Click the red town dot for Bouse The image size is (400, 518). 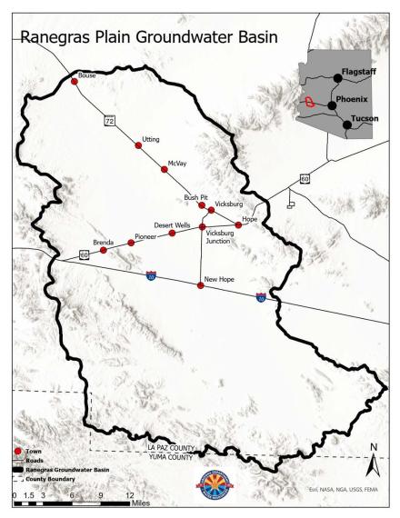pyautogui.click(x=75, y=82)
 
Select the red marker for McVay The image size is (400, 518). pyautogui.click(x=164, y=168)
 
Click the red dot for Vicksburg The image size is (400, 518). pyautogui.click(x=211, y=210)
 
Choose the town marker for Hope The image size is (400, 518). pyautogui.click(x=238, y=224)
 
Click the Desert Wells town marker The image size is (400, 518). pyautogui.click(x=172, y=234)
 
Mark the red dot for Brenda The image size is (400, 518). pyautogui.click(x=103, y=250)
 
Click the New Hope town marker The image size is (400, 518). pyautogui.click(x=200, y=286)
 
